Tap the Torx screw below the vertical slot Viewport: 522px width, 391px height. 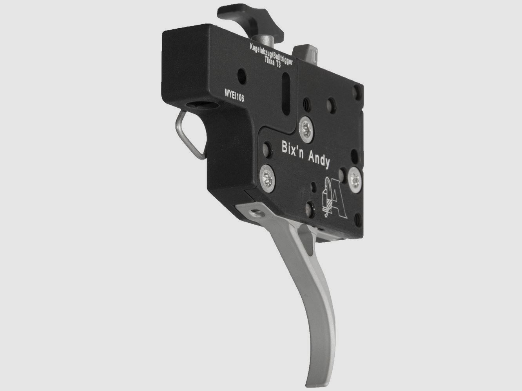click(x=306, y=130)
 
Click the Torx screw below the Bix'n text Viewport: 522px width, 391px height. click(x=267, y=178)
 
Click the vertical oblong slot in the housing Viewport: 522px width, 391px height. click(x=286, y=94)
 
